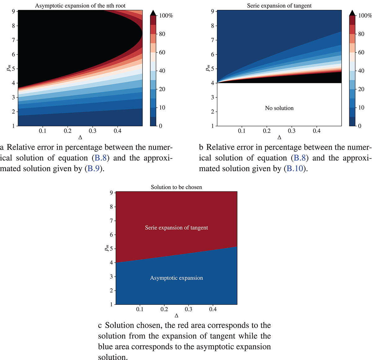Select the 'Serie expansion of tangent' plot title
pos(279,6)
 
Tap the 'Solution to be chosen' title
pos(176,187)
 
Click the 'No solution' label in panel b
pos(279,108)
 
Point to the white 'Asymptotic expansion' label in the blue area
pos(176,278)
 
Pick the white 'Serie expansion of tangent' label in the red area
pos(176,228)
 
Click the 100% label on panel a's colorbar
pos(166,16)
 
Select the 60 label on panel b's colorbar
pos(361,52)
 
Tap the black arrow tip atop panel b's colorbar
pos(353,13)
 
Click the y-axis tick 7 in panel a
pos(13,40)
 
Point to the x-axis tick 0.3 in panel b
pos(291,131)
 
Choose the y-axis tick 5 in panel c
pos(111,249)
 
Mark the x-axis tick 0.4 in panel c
pos(213,309)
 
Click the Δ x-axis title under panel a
pos(80,137)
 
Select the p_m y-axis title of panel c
pos(106,248)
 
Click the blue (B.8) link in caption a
pos(100,158)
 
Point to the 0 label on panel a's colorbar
pos(160,126)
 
